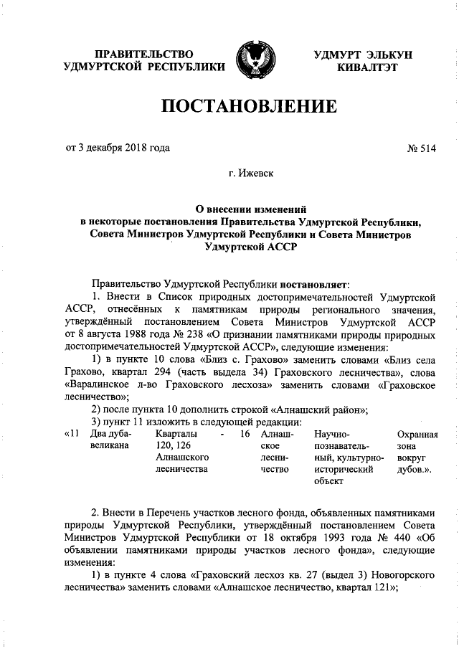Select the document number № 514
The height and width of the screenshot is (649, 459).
click(422, 149)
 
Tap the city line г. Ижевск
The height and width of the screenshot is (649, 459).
click(250, 173)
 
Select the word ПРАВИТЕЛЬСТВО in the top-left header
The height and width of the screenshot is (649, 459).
click(145, 55)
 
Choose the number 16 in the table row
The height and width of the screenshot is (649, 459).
click(245, 434)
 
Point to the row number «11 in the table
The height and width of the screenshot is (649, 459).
click(72, 434)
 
